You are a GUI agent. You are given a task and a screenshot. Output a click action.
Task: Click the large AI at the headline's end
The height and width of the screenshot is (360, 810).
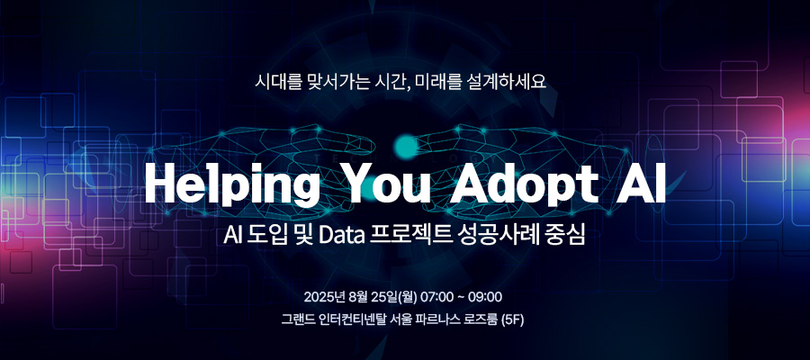pyautogui.click(x=640, y=184)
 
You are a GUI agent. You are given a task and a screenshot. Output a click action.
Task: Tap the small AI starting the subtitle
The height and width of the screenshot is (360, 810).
pyautogui.click(x=231, y=236)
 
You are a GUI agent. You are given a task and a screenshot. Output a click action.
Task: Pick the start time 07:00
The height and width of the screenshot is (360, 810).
pyautogui.click(x=437, y=298)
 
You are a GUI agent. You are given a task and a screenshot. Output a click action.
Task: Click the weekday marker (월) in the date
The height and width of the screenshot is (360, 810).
pyautogui.click(x=407, y=298)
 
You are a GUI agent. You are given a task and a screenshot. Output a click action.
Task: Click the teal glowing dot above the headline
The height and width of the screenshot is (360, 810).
pyautogui.click(x=406, y=147)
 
